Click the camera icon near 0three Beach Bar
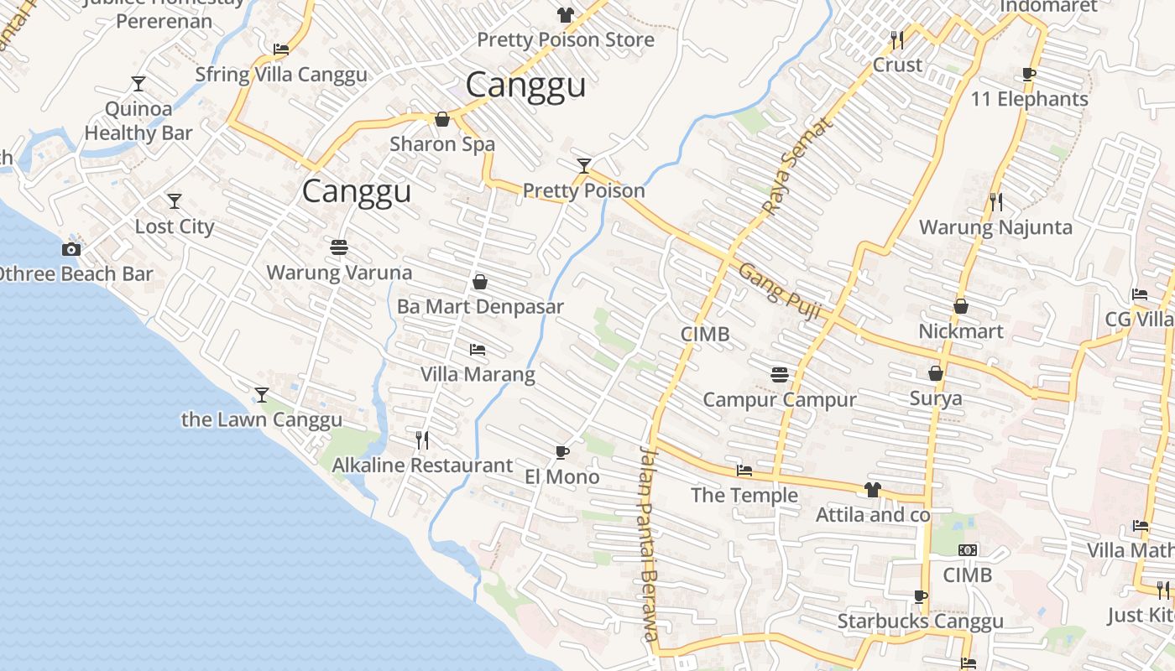click(71, 249)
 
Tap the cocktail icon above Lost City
click(174, 201)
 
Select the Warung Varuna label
click(339, 273)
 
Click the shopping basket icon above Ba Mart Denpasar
click(480, 282)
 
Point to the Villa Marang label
click(478, 374)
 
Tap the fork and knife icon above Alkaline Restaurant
click(422, 439)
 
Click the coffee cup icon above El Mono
click(562, 453)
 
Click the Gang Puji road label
click(779, 290)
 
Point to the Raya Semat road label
click(797, 166)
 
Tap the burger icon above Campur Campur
click(780, 374)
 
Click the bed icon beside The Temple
click(744, 471)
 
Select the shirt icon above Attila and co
click(873, 489)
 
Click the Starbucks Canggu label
click(920, 622)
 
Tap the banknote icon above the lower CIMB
click(968, 550)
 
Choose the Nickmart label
click(961, 331)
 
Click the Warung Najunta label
click(995, 227)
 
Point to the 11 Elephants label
click(1029, 99)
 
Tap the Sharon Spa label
click(442, 144)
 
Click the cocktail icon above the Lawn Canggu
click(262, 394)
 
